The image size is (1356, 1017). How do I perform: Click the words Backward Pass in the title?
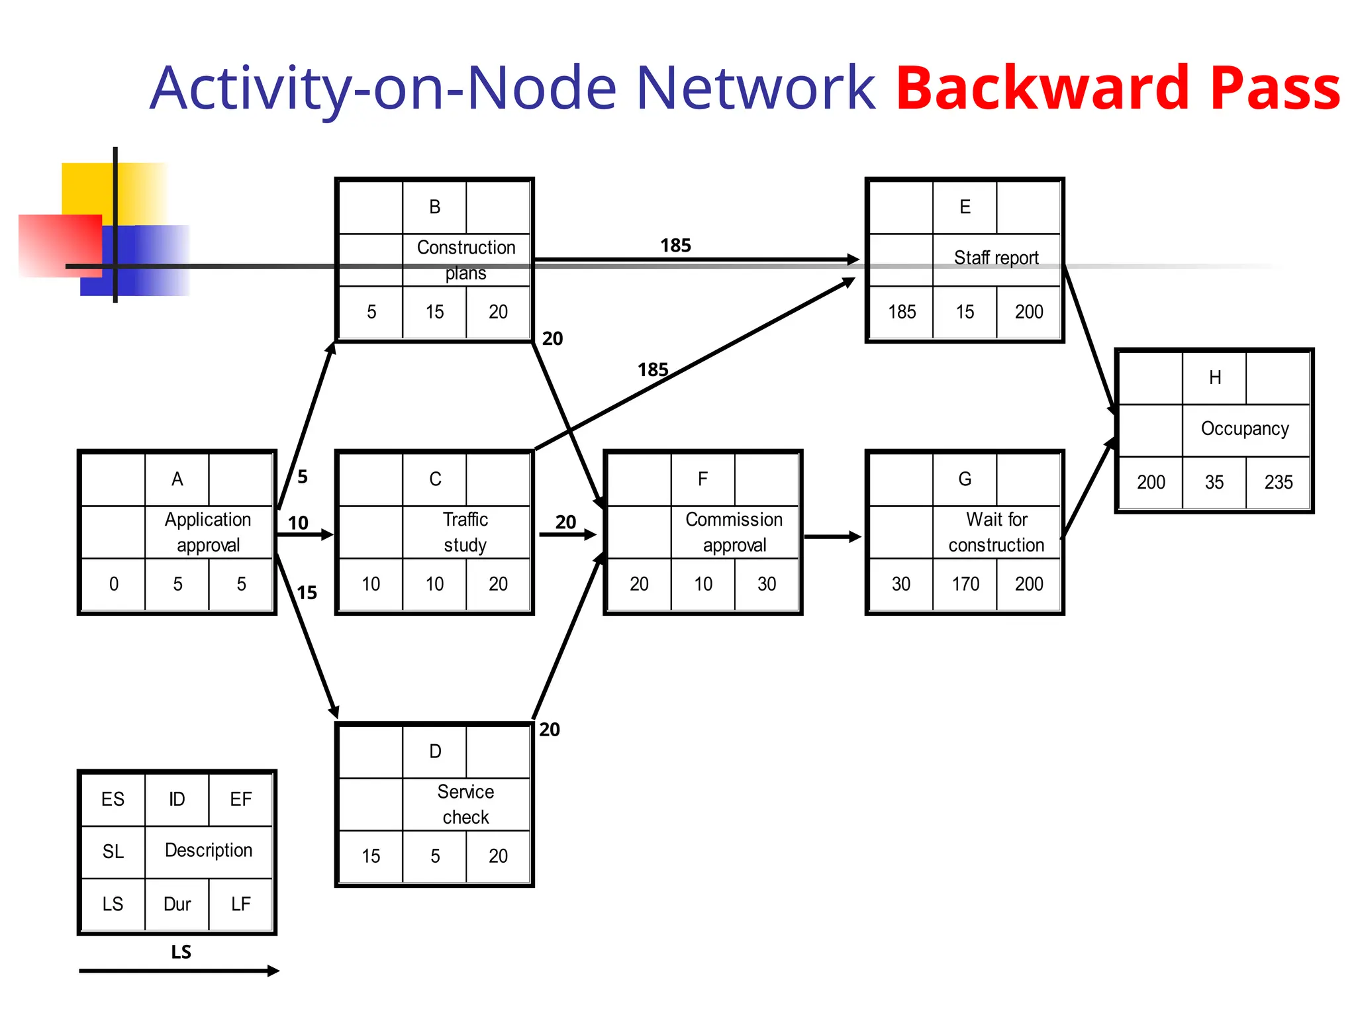coord(1118,87)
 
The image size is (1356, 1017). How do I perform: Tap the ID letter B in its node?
coord(434,207)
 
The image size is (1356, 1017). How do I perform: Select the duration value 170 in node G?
coord(965,584)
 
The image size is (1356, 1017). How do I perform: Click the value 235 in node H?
coord(1278,482)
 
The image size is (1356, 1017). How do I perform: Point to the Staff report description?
coord(996,258)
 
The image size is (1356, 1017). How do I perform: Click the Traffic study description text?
coord(465,532)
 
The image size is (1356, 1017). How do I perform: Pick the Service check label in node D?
coord(465,804)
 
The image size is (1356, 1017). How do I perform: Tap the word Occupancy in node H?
coord(1245,428)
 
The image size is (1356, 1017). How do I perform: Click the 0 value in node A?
coord(114,584)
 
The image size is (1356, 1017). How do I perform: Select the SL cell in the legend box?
coord(113,851)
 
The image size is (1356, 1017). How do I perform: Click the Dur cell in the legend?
coord(177,904)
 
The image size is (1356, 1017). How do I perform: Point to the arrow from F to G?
coord(832,537)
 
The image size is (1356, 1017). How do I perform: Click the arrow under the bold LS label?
coord(179,971)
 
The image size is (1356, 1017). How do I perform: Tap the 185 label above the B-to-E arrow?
coord(675,246)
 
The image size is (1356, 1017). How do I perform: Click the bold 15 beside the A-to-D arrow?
coord(307,593)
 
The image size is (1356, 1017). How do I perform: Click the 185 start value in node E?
coord(902,312)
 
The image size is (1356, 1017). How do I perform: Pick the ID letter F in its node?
coord(702,479)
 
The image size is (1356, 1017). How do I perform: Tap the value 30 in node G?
coord(900,584)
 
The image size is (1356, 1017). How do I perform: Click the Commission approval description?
coord(734,532)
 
